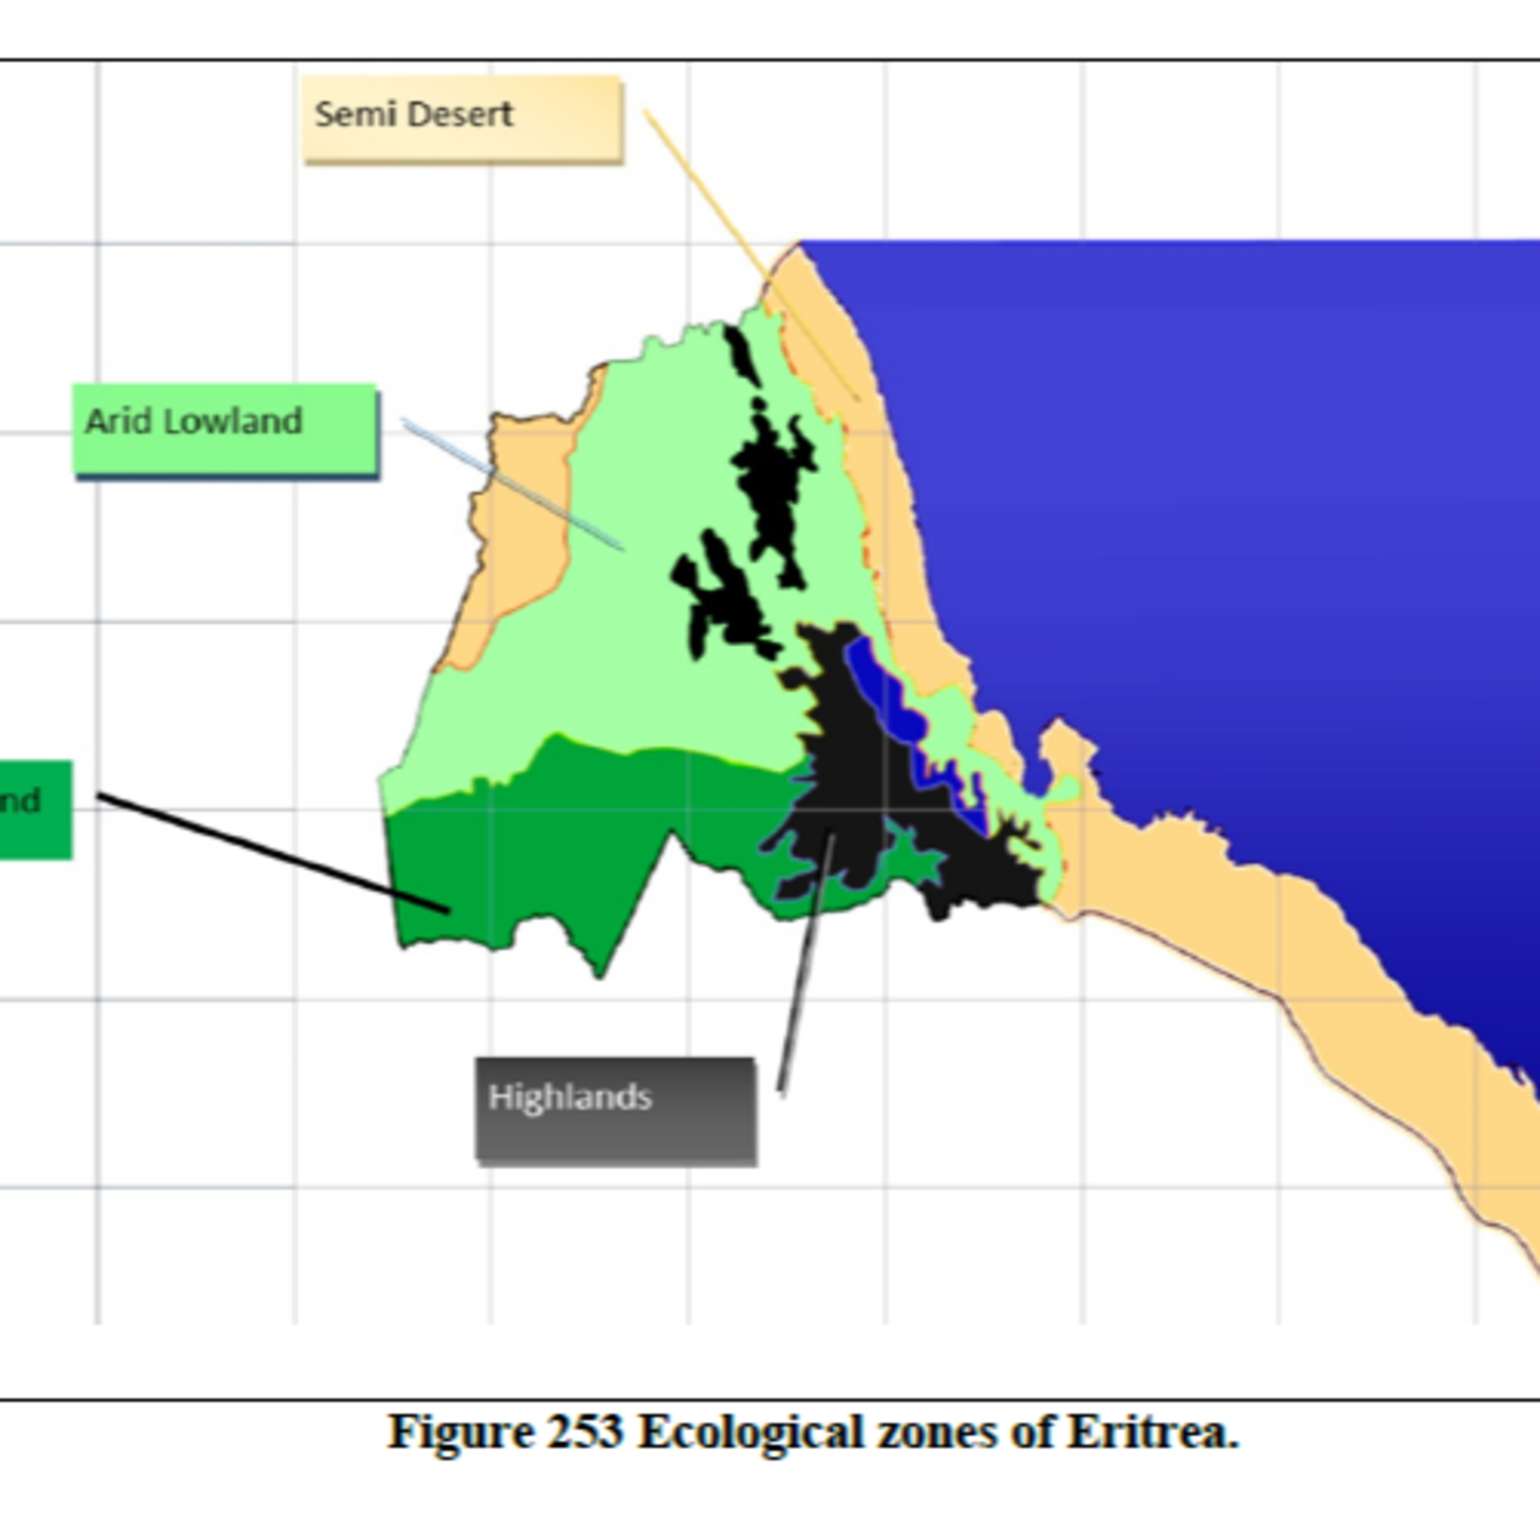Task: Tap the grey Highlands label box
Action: click(615, 1110)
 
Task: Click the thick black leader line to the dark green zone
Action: click(271, 851)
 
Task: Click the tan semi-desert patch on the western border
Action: click(518, 542)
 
